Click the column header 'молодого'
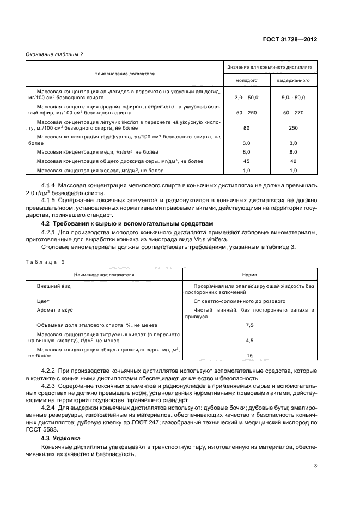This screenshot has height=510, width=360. coord(246,80)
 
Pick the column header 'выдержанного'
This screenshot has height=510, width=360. coord(294,80)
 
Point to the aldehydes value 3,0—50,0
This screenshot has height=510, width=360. coord(246,96)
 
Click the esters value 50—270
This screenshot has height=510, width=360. coord(294,112)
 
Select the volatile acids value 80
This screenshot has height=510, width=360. coord(246,128)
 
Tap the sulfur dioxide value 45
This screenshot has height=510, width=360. coord(246,161)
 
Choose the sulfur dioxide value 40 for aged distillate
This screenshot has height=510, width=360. coord(294,161)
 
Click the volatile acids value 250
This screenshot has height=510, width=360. coord(294,128)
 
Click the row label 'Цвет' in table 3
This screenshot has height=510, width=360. coord(43,301)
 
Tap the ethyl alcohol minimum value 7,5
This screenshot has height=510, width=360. coord(250,325)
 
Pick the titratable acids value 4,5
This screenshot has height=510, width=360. coord(250,340)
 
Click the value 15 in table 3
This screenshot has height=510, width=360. coord(250,356)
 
